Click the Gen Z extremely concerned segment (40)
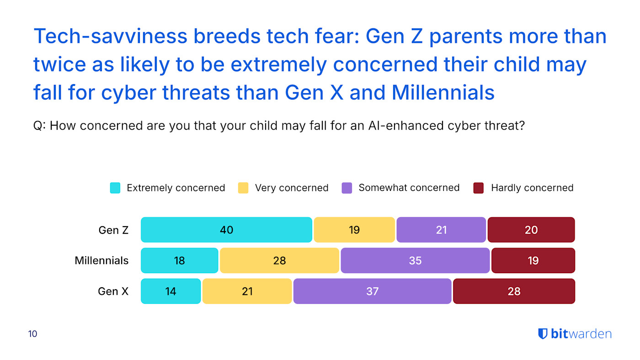226,230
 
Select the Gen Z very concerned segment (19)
354,230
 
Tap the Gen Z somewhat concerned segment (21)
441,230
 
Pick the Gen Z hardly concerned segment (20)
531,230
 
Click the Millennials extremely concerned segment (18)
179,260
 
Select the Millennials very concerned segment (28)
279,260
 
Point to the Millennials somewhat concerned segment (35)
415,260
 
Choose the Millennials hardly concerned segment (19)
533,260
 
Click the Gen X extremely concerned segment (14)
171,291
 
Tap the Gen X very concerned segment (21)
247,291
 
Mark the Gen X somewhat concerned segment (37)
372,291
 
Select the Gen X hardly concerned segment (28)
514,291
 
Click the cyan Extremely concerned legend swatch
115,188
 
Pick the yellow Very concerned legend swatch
243,188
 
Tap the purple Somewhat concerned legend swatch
347,188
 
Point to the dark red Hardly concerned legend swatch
478,188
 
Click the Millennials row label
101,260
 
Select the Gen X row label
113,291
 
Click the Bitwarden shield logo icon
543,334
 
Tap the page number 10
32,334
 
